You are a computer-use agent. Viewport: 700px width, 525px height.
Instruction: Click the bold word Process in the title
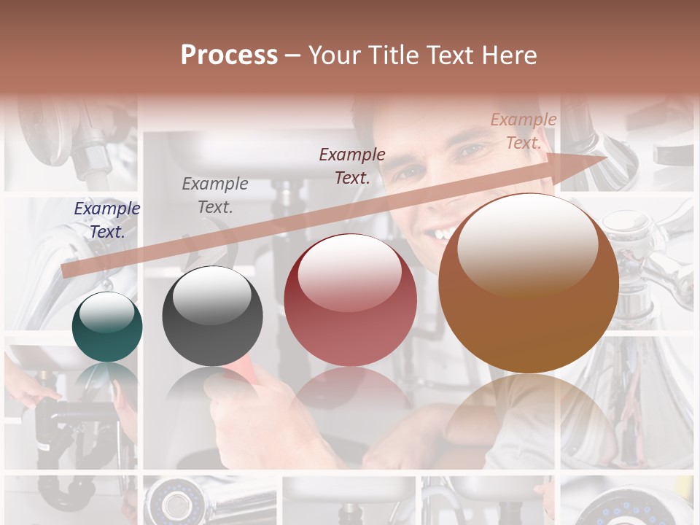pyautogui.click(x=229, y=55)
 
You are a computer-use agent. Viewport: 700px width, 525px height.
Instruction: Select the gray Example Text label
pyautogui.click(x=215, y=195)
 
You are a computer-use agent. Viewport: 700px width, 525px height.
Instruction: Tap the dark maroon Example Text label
pyautogui.click(x=352, y=166)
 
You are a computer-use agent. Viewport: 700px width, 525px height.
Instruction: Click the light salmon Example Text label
pyautogui.click(x=524, y=131)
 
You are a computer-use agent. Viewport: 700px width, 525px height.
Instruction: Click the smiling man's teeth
pyautogui.click(x=442, y=234)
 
